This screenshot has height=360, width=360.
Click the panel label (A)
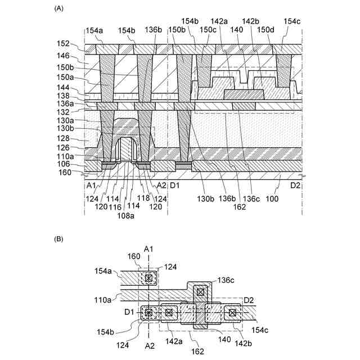(58, 9)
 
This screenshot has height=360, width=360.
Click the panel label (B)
(58, 239)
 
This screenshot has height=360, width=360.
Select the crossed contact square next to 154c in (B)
(231, 312)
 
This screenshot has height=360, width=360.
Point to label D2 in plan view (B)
(250, 299)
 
